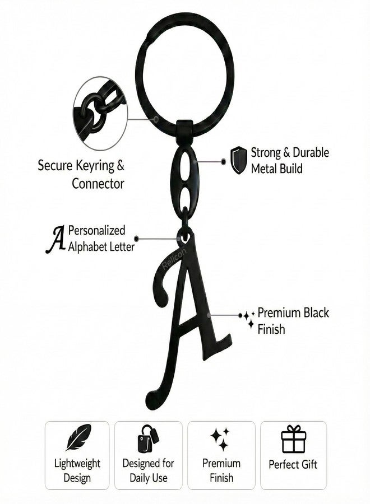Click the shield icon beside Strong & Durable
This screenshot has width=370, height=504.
tap(238, 160)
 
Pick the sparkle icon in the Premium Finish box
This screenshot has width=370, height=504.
tap(220, 438)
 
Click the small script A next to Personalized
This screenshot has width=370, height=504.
tap(55, 239)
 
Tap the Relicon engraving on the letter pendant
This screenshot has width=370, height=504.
tap(174, 259)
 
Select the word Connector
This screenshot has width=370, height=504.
tap(98, 184)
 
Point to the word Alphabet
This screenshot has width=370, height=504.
tap(87, 246)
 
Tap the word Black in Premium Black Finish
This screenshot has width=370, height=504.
tap(316, 312)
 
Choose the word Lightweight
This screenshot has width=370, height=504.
tap(77, 464)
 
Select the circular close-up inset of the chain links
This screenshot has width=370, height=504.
tap(100, 113)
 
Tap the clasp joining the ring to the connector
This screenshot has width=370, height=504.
tap(184, 131)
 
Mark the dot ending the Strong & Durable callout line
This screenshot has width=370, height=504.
tap(224, 162)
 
